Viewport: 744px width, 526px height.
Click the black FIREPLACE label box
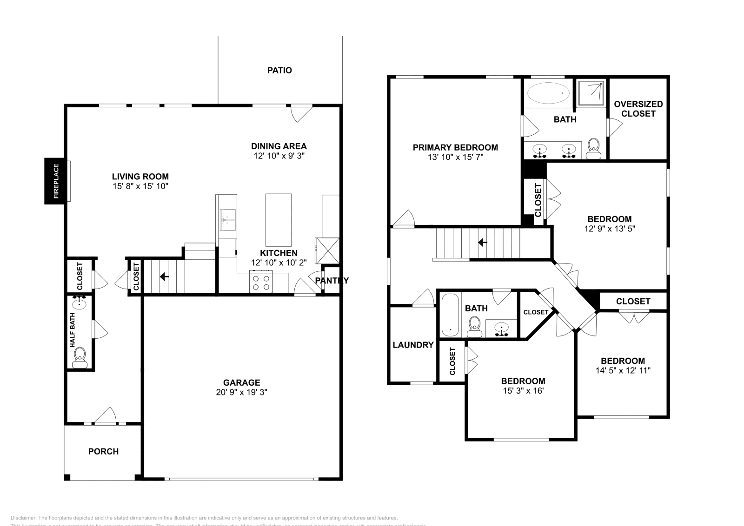(x=56, y=181)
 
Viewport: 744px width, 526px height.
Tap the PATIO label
(x=279, y=71)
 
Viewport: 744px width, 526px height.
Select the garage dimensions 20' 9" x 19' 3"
(x=241, y=392)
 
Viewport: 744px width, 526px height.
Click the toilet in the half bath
(x=80, y=356)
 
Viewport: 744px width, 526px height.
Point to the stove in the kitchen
(x=260, y=283)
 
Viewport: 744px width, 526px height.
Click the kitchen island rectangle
(x=278, y=220)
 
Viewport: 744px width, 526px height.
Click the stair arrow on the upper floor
(x=483, y=243)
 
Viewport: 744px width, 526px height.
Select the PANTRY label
(x=332, y=281)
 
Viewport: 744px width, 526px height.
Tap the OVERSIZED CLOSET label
(x=638, y=109)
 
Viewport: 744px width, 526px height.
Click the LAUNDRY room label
(x=413, y=345)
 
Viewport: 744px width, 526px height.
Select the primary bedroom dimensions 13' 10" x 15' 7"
(x=455, y=158)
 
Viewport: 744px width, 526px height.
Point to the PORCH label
(x=103, y=452)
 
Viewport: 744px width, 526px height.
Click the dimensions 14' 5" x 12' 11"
(x=623, y=371)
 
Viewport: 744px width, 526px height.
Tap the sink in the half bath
(x=80, y=304)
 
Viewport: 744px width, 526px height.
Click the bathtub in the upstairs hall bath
(x=450, y=315)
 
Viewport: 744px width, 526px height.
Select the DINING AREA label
(x=279, y=146)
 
